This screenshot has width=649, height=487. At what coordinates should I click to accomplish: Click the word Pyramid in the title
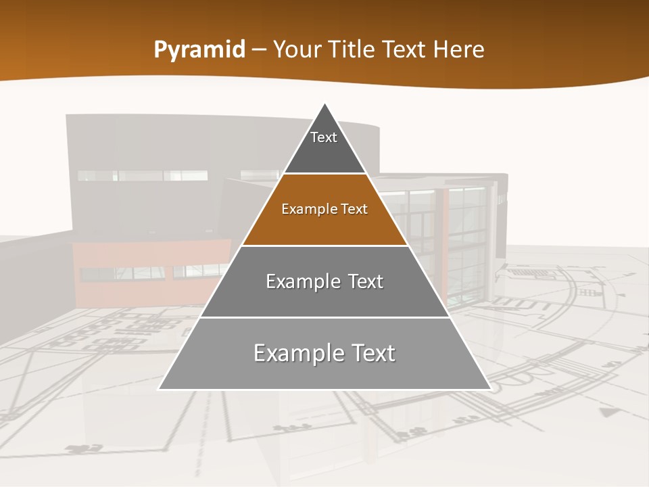pos(199,50)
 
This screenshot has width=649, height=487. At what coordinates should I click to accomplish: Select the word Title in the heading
pos(350,50)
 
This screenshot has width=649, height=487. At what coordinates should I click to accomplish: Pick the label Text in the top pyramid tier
pos(323,137)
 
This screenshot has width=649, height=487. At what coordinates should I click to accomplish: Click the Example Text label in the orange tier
pos(324,209)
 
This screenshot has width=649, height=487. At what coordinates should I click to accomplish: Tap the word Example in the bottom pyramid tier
pos(295,353)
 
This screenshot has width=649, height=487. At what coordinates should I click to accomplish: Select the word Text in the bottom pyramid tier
pos(370,353)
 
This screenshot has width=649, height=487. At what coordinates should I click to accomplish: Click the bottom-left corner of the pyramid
pos(159,389)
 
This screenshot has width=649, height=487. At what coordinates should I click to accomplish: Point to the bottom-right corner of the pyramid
pos(490,389)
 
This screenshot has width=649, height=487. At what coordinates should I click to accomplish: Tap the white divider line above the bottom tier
pos(324,317)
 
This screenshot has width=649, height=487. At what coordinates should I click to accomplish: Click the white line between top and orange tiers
pos(324,174)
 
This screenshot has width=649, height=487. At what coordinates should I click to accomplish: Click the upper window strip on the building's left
pos(142,175)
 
